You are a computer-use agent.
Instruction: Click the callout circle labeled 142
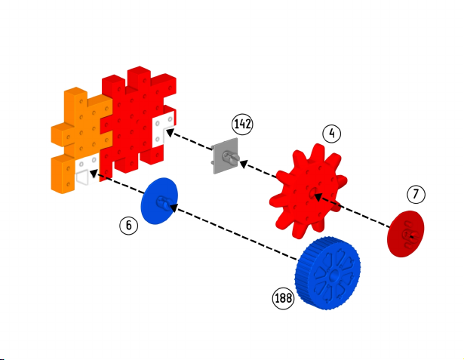point(242,125)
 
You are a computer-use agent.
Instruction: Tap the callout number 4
point(332,134)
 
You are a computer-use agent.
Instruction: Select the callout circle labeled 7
point(416,194)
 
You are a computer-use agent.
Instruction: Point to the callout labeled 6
point(129,226)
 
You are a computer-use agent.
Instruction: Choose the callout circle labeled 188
point(283,298)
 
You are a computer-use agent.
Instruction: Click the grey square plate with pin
point(226,156)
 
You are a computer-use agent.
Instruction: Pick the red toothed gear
point(308,191)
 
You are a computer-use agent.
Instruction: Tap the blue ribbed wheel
point(327,273)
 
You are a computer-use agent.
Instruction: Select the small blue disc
point(159,201)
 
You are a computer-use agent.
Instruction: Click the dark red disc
point(406,234)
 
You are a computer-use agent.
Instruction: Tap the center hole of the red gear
point(312,192)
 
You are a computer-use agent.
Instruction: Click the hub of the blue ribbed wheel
point(333,275)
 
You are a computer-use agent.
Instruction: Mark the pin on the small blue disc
point(163,202)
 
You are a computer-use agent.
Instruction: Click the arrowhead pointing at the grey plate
point(244,164)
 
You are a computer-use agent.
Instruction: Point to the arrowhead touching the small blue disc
point(174,208)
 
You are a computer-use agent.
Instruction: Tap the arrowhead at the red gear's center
point(318,196)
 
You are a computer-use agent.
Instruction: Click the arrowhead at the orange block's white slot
point(94,173)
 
